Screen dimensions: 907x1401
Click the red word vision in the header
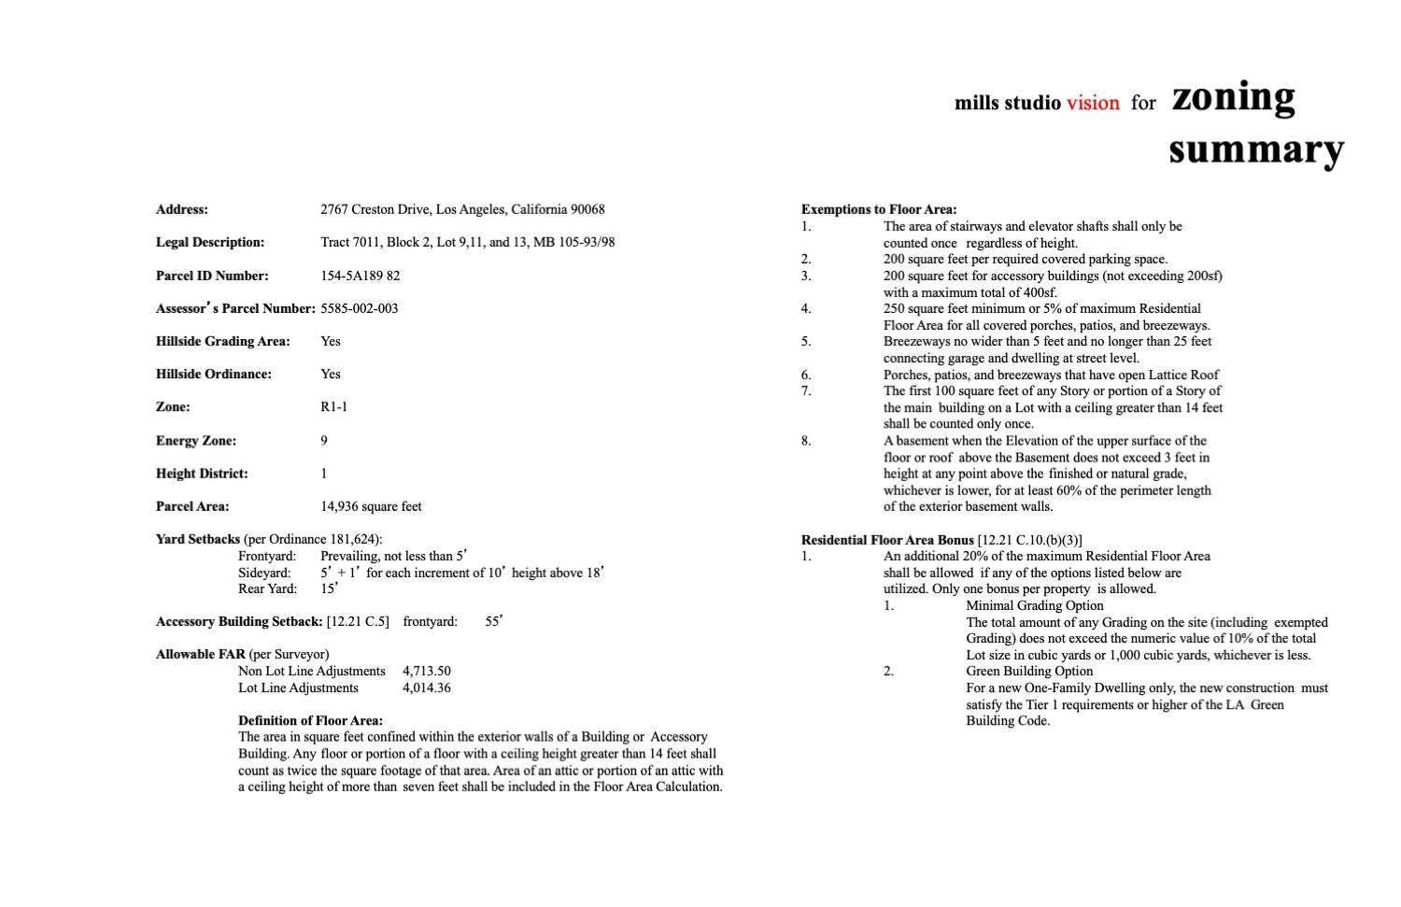pyautogui.click(x=1093, y=103)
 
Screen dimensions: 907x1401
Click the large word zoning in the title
pyautogui.click(x=1233, y=97)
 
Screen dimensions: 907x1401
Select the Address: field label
pyautogui.click(x=182, y=209)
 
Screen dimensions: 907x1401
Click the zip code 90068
pyautogui.click(x=587, y=209)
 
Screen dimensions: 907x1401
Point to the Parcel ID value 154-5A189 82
pyautogui.click(x=360, y=276)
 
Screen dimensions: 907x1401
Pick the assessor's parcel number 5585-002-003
pyautogui.click(x=360, y=308)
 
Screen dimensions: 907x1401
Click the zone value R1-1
pyautogui.click(x=333, y=407)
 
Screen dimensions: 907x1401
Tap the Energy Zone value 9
pyautogui.click(x=324, y=440)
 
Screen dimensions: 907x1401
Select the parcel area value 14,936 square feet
pyautogui.click(x=371, y=506)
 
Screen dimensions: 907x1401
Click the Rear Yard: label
pyautogui.click(x=267, y=588)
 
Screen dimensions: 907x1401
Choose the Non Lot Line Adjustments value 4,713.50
pyautogui.click(x=427, y=671)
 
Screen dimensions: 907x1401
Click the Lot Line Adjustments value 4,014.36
pyautogui.click(x=427, y=687)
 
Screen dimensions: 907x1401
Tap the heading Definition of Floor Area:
pyautogui.click(x=310, y=720)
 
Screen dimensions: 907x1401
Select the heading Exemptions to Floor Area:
pyautogui.click(x=879, y=209)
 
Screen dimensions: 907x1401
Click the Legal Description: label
pyautogui.click(x=210, y=242)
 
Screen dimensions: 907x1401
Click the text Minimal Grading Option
pyautogui.click(x=1035, y=605)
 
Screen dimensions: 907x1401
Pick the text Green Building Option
pyautogui.click(x=1029, y=671)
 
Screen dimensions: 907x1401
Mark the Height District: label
pyautogui.click(x=202, y=474)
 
